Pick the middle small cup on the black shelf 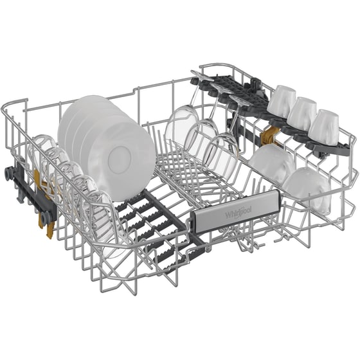(301, 113)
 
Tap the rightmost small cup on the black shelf (323, 126)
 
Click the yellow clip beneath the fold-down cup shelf (272, 136)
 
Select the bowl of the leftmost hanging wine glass (181, 126)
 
